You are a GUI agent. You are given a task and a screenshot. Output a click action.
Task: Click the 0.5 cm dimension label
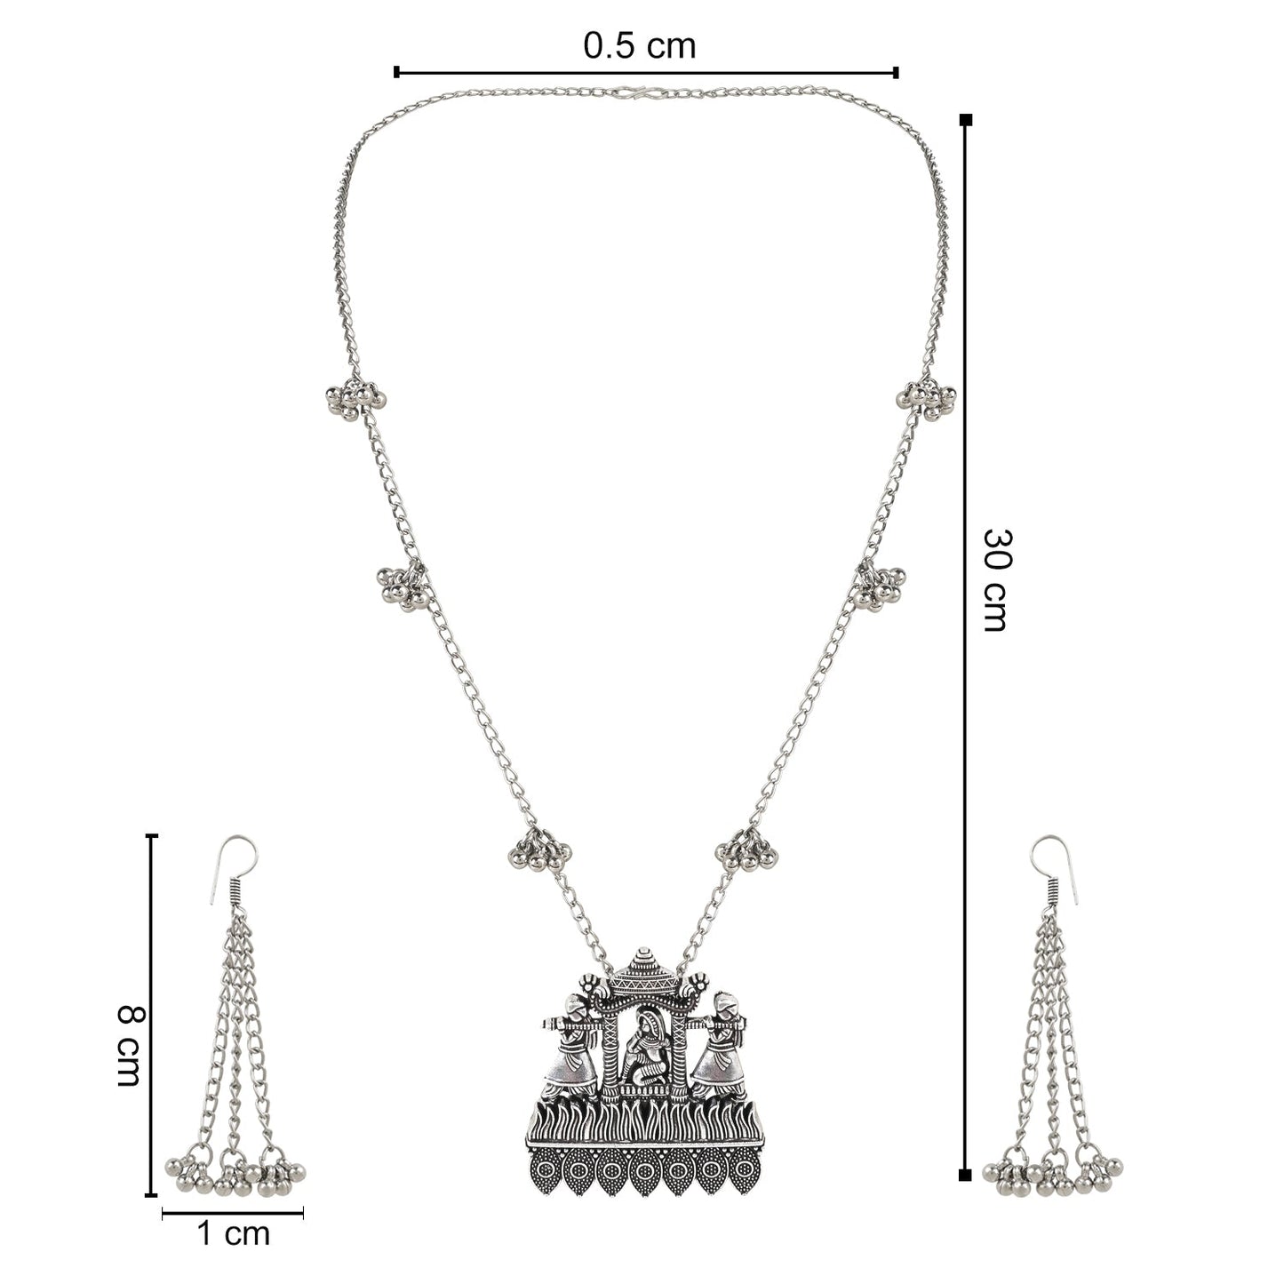[x=639, y=46]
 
